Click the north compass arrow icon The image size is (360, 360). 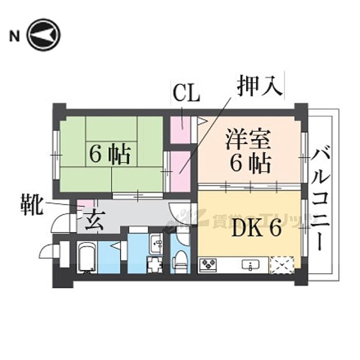click(44, 35)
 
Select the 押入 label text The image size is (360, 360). click(260, 86)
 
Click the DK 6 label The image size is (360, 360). click(256, 229)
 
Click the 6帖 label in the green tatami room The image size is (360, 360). click(110, 154)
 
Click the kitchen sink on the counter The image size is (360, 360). click(251, 265)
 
